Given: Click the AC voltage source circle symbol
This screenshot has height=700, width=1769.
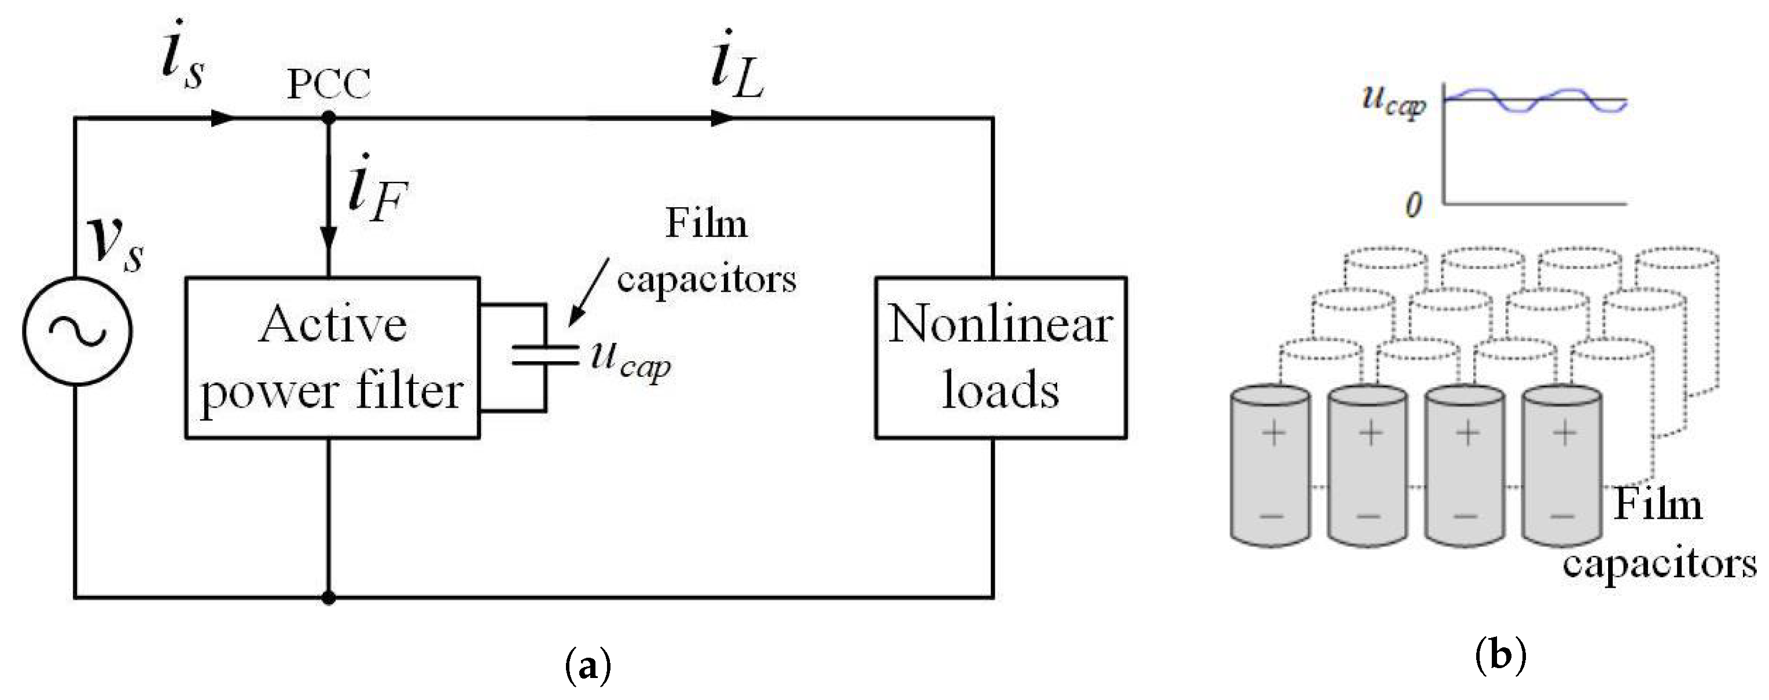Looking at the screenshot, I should pyautogui.click(x=77, y=331).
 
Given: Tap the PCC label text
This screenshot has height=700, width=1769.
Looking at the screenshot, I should pyautogui.click(x=328, y=85).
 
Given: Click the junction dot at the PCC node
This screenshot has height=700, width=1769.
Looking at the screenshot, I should pyautogui.click(x=328, y=119).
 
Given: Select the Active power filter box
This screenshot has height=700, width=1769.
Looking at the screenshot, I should pyautogui.click(x=332, y=357).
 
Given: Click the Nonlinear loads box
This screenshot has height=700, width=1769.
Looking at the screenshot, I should pyautogui.click(x=1001, y=357).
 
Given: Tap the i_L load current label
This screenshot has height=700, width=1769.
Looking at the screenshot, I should pyautogui.click(x=736, y=69).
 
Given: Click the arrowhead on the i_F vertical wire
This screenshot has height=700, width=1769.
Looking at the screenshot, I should pyautogui.click(x=328, y=237).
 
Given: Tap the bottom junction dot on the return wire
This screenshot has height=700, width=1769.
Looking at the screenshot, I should pyautogui.click(x=328, y=598).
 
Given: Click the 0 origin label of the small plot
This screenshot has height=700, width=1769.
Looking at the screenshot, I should pyautogui.click(x=1413, y=205).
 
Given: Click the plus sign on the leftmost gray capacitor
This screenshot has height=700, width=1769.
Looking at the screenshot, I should pyautogui.click(x=1274, y=434).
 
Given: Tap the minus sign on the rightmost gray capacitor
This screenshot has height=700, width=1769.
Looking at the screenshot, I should pyautogui.click(x=1562, y=516).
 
